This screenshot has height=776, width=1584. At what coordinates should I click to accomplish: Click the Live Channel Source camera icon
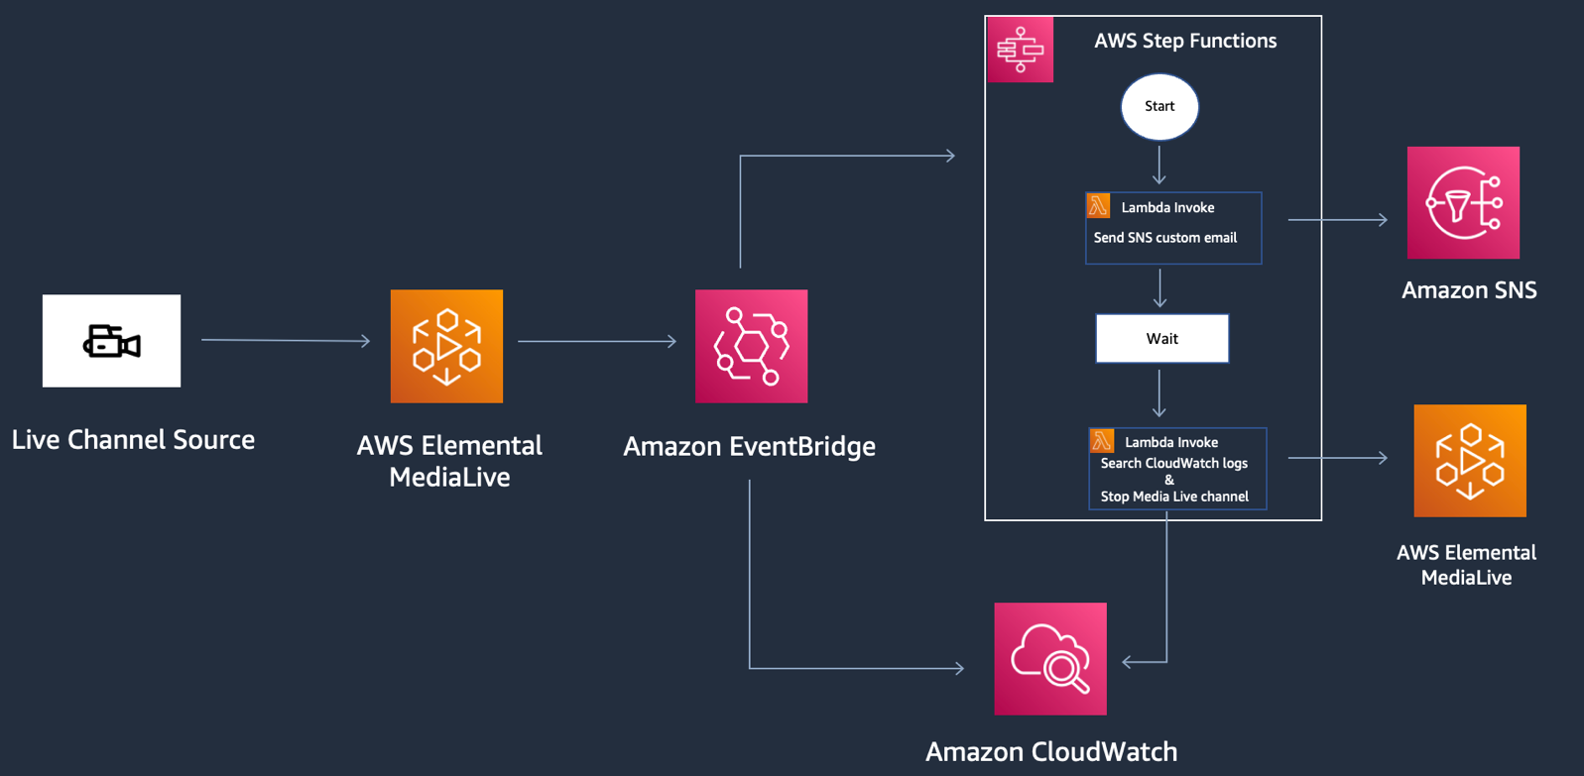111,341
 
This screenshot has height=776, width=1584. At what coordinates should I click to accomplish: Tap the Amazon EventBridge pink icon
751,346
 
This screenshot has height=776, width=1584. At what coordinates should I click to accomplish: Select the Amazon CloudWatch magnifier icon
1050,658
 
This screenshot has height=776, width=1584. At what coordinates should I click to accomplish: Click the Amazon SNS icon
1463,202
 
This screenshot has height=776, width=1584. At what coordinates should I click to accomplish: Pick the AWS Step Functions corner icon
1020,49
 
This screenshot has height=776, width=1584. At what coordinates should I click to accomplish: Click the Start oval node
1159,106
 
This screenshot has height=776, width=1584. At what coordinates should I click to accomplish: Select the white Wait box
1161,339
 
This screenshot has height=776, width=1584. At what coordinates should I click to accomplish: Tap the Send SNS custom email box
1173,229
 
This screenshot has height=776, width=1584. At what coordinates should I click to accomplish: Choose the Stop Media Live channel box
1177,469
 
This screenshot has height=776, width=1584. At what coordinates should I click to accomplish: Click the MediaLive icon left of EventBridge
446,346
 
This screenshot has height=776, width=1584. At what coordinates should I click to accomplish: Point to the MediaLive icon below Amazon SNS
1469,460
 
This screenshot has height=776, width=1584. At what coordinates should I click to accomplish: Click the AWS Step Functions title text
1185,41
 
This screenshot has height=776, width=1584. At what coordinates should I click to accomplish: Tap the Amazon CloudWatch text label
1051,751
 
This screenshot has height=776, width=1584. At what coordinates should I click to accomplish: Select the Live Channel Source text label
133,439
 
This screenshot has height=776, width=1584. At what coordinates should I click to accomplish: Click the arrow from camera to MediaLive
286,340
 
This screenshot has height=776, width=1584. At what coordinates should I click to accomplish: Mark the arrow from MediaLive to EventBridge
597,341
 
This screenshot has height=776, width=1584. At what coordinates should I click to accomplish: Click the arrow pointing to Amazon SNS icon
1337,219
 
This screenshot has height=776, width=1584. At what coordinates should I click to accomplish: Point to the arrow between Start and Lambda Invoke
1158,165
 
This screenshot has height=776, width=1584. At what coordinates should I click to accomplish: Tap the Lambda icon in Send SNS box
1098,205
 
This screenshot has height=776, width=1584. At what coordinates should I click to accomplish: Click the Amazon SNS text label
1469,290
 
